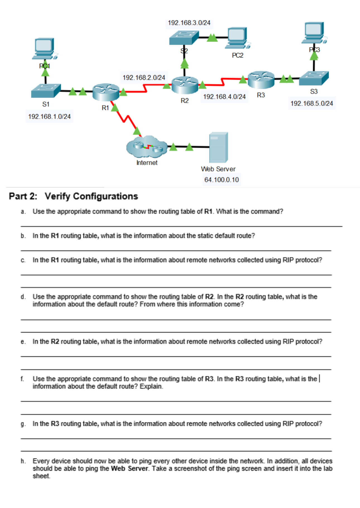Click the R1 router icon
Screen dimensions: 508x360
coord(106,92)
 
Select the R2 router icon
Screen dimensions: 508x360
coord(185,85)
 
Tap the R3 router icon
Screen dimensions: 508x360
coord(261,80)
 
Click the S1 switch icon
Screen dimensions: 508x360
coord(46,91)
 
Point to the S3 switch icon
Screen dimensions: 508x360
coord(314,78)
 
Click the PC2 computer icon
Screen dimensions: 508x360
coord(238,38)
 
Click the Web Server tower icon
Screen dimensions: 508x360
coord(219,147)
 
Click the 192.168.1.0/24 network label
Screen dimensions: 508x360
coord(49,117)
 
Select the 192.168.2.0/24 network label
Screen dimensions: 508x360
coord(144,78)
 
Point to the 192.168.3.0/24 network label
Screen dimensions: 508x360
coord(189,23)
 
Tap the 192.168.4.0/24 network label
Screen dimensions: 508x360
coord(224,97)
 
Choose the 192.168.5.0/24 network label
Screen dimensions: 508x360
coord(311,103)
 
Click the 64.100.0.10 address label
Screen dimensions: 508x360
coord(221,180)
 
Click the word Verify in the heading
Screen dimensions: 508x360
coord(57,196)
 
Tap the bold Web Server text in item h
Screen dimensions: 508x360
coord(129,468)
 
